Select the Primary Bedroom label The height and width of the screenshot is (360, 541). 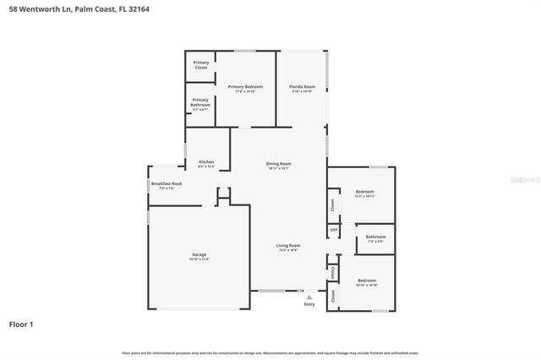coord(244,87)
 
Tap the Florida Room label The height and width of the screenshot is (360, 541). coord(302,87)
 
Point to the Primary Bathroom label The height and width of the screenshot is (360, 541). coord(200,102)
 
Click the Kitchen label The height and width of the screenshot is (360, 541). coord(206,161)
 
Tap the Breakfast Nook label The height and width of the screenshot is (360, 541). coord(162,183)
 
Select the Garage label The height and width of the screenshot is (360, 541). coord(199,254)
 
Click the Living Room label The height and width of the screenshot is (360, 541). coord(288,245)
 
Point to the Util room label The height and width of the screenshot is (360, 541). coord(333,229)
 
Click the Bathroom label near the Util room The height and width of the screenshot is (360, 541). coord(376,237)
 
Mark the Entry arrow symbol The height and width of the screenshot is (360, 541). coord(309,297)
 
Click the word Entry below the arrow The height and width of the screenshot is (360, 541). coord(309,304)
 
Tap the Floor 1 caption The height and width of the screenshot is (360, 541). coord(22,324)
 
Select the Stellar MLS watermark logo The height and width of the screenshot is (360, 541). coord(523,180)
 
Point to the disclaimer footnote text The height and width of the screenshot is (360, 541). coord(270,352)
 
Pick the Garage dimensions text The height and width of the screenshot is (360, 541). coord(199,259)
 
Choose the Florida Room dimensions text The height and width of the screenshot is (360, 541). coord(302,91)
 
